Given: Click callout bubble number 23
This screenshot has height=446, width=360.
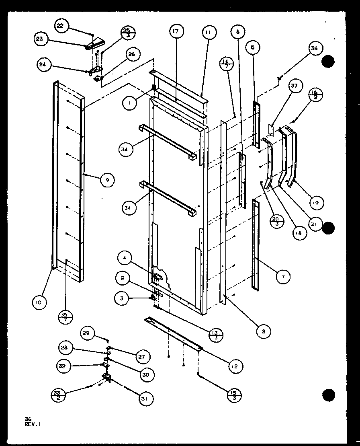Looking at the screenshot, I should (41, 39).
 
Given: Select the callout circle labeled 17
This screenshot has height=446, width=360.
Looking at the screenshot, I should (176, 31).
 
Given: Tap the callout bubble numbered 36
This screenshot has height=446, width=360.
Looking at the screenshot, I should (314, 49).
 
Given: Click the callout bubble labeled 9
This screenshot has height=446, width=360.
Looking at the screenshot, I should (107, 180).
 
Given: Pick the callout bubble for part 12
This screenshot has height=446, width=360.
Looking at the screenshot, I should (235, 366).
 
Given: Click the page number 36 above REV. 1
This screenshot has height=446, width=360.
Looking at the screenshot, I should (27, 419).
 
